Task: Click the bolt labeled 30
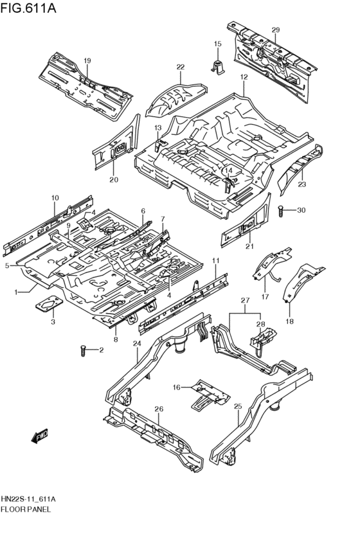coord(282,210)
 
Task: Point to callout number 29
coord(275,30)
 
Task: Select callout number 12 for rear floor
coord(244,77)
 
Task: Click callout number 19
coord(87,61)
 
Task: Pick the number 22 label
coord(181,67)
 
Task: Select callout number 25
coord(237,407)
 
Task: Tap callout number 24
coord(136,344)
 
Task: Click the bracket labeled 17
coord(267,268)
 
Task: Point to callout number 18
coord(289,321)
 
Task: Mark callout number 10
coord(55,198)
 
